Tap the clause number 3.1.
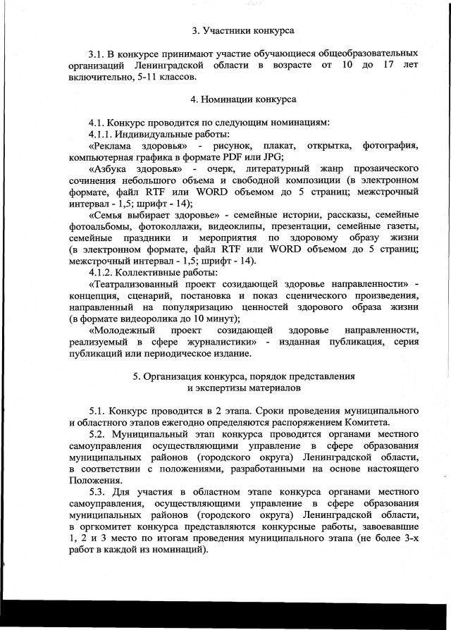98,54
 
